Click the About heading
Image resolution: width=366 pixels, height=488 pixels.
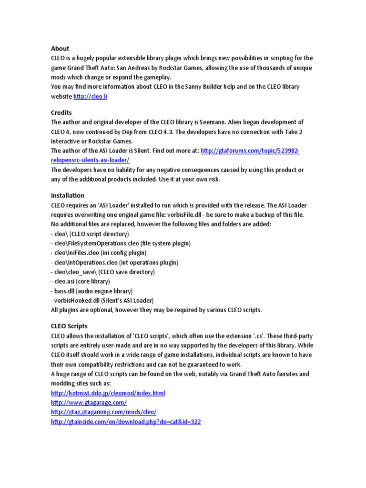click(x=60, y=49)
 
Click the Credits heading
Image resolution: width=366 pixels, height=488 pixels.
click(x=61, y=113)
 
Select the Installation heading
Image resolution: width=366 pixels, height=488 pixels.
click(x=68, y=195)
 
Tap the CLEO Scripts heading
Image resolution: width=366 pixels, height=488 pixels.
click(x=69, y=326)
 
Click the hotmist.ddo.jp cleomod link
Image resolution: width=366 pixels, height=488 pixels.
click(x=108, y=393)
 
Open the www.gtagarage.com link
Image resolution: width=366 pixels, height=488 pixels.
click(x=89, y=403)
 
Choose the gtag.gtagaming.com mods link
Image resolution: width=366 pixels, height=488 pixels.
click(x=103, y=412)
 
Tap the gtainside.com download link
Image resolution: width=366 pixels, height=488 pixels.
click(x=126, y=422)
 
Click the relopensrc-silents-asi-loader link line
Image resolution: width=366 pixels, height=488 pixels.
click(x=90, y=160)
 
